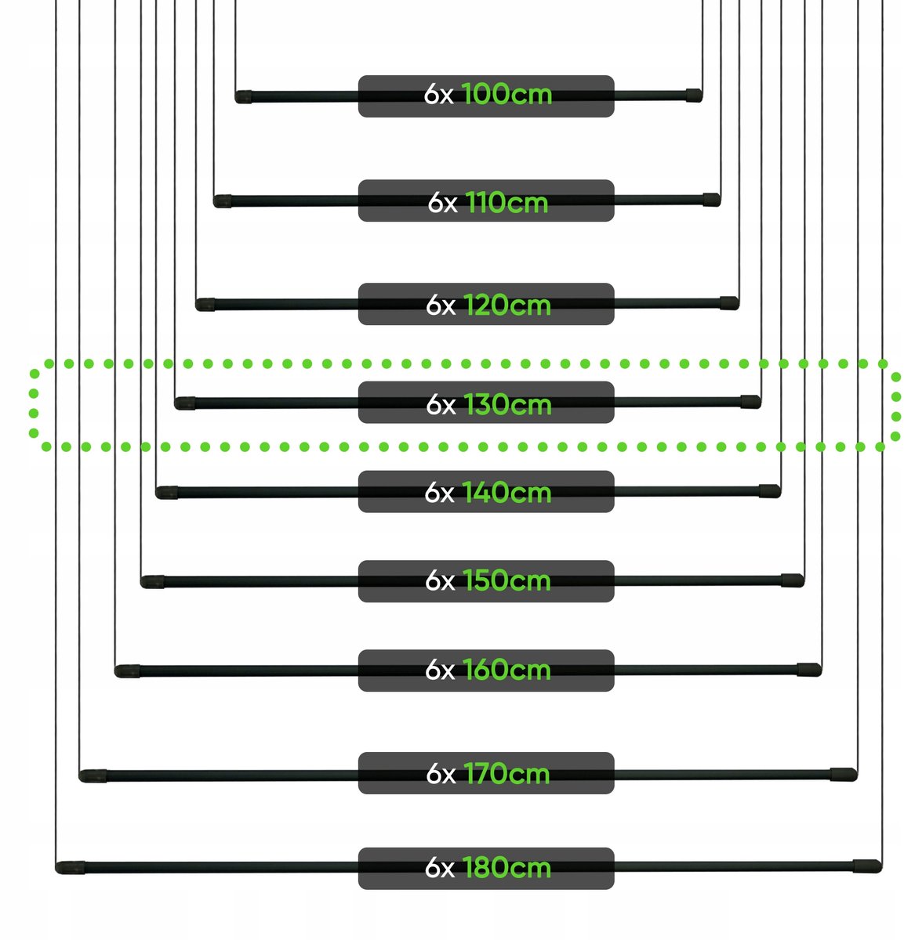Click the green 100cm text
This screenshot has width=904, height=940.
click(506, 94)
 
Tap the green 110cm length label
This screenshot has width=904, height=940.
click(506, 202)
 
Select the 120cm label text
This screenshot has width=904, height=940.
click(507, 305)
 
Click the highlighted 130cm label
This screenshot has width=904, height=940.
click(507, 404)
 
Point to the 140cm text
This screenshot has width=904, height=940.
click(506, 493)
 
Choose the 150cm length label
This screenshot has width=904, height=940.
click(506, 580)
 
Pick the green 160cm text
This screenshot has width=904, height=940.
click(506, 670)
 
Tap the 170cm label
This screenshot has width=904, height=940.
click(506, 774)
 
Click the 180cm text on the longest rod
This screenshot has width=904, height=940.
click(506, 868)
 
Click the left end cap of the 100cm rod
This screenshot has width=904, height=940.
click(243, 97)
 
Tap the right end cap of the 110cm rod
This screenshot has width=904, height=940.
click(712, 200)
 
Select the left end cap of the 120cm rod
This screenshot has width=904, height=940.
click(205, 305)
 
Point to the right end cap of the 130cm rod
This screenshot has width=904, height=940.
click(751, 401)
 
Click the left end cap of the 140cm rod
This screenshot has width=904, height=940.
click(167, 493)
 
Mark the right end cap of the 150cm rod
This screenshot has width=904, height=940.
click(793, 580)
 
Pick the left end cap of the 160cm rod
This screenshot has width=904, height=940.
click(127, 671)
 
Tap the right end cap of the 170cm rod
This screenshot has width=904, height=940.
click(844, 774)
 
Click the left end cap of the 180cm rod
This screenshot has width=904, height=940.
click(70, 868)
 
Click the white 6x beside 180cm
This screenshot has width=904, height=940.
click(440, 868)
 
